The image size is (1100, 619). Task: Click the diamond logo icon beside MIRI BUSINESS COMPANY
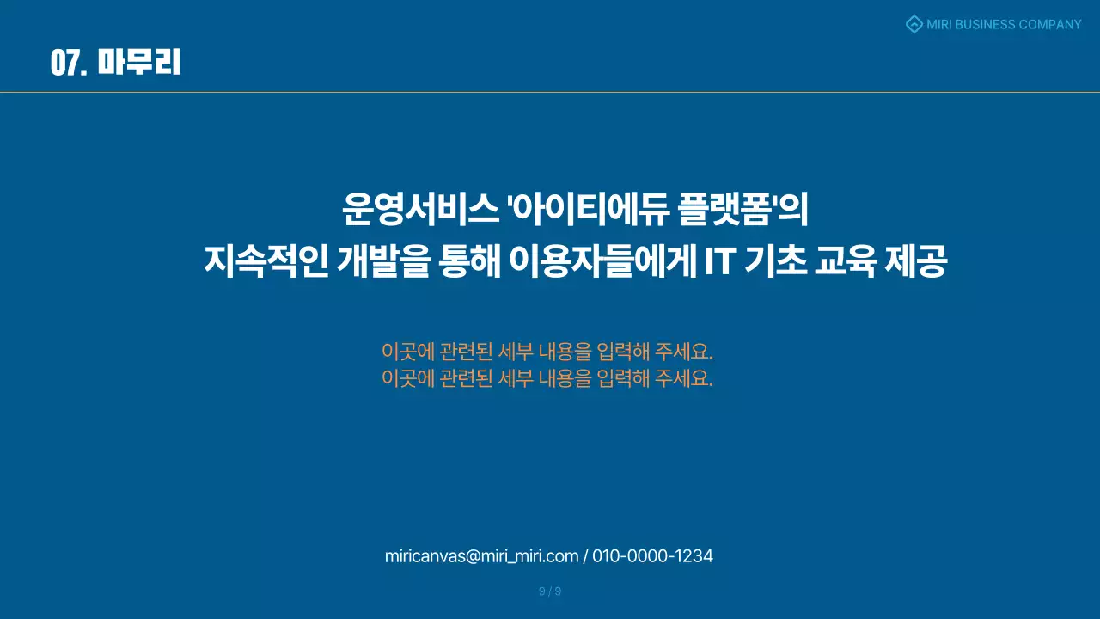pyautogui.click(x=914, y=24)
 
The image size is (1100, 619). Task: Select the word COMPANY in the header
pyautogui.click(x=1050, y=24)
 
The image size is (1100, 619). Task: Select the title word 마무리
pyautogui.click(x=138, y=63)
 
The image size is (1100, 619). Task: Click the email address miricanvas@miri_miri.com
pyautogui.click(x=481, y=556)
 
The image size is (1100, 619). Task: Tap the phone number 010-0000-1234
pyautogui.click(x=652, y=556)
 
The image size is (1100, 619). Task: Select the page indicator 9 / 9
pyautogui.click(x=550, y=591)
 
